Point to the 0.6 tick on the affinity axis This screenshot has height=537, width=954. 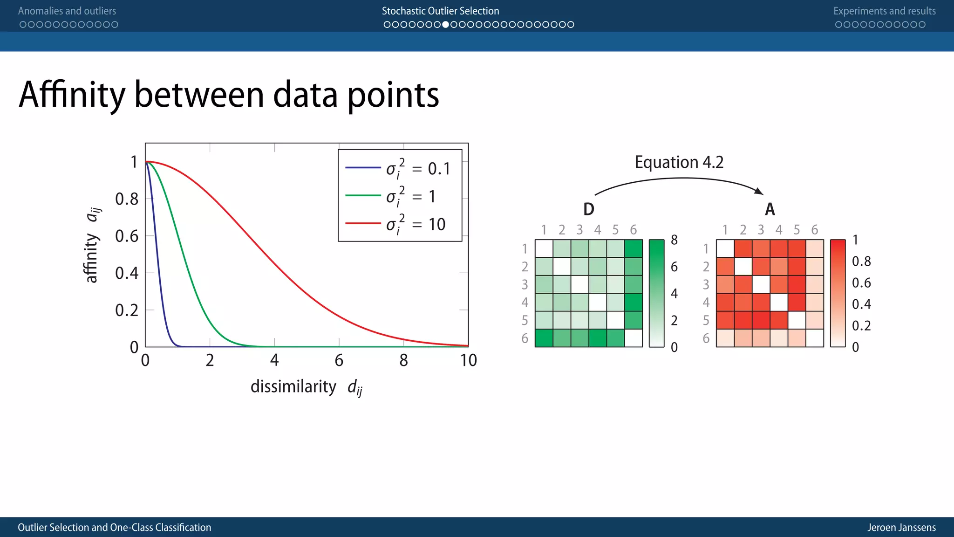127,236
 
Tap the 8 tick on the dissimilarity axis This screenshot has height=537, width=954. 403,360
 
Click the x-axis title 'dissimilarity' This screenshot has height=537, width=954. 293,386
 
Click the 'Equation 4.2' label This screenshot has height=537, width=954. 679,162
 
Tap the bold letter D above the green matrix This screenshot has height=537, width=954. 588,209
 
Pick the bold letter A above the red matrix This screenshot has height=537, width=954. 770,209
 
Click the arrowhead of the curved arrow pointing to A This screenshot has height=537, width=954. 759,191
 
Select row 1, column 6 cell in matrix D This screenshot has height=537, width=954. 634,248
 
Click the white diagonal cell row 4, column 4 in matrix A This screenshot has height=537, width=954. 779,302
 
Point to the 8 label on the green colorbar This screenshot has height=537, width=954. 674,240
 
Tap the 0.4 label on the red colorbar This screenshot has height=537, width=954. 861,304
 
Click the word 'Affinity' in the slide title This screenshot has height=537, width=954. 72,95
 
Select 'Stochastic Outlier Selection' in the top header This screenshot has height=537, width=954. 440,11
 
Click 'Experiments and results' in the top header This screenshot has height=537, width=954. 884,11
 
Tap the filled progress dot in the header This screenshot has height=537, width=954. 446,24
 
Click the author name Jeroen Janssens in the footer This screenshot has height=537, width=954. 901,527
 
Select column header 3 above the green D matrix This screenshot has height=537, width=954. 579,230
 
